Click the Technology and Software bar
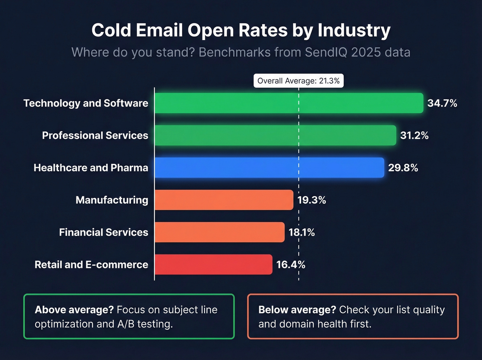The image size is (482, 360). coord(289,103)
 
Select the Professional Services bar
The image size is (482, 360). coord(275,135)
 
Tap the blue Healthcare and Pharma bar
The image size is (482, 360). coord(269,167)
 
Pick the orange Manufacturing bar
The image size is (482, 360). coord(224,200)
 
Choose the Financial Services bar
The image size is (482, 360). coord(220,232)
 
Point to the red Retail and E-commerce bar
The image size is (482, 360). coord(213,265)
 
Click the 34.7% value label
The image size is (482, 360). coord(442,103)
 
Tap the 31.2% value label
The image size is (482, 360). coord(414,135)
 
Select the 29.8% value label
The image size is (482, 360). coord(403,168)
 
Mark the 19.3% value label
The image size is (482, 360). coord(312,200)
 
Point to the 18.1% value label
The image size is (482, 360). coord(302,233)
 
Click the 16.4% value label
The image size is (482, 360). coord(291,265)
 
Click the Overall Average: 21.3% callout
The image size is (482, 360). coord(298,81)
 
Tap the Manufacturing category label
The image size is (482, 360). coord(112,200)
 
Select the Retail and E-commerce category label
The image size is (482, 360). coord(91,265)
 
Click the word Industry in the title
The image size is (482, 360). coord(354,30)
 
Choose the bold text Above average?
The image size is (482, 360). coord(74,310)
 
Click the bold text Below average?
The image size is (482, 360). coord(297,310)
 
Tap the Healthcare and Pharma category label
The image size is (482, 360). coord(91,168)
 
